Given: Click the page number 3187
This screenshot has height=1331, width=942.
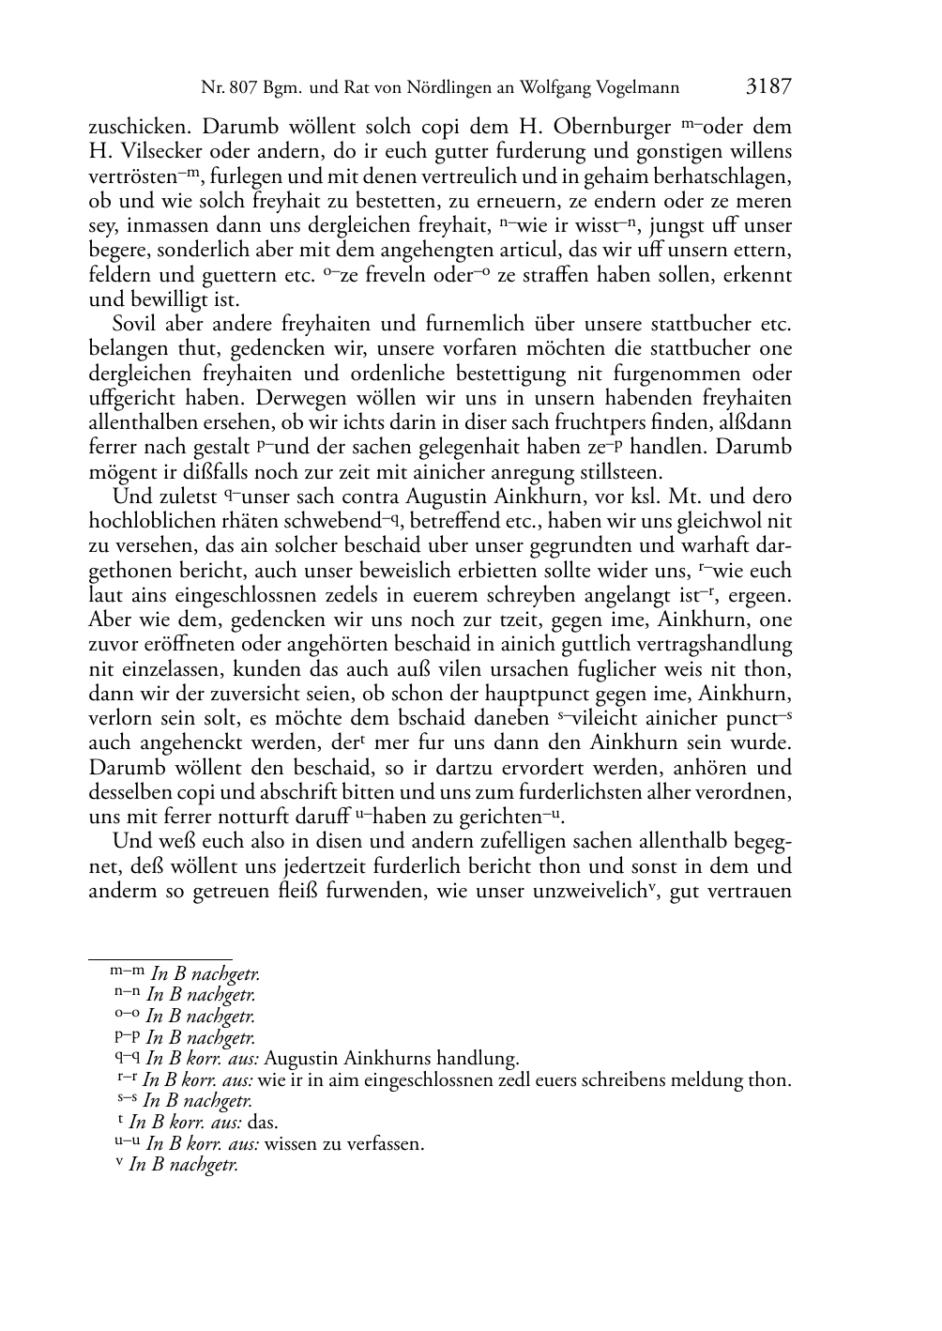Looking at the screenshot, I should pos(768,87).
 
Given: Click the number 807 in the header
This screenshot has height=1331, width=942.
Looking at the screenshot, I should pos(242,89).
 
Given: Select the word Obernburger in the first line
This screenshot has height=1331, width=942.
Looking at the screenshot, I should pos(615,127).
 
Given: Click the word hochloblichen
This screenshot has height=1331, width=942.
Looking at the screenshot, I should pos(150,522).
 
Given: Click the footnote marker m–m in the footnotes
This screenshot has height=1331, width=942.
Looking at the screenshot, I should pos(127,973).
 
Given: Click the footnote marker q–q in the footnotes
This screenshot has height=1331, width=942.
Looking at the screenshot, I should pos(127,1058).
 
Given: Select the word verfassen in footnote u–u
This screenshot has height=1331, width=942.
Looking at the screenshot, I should pos(384,1144).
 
